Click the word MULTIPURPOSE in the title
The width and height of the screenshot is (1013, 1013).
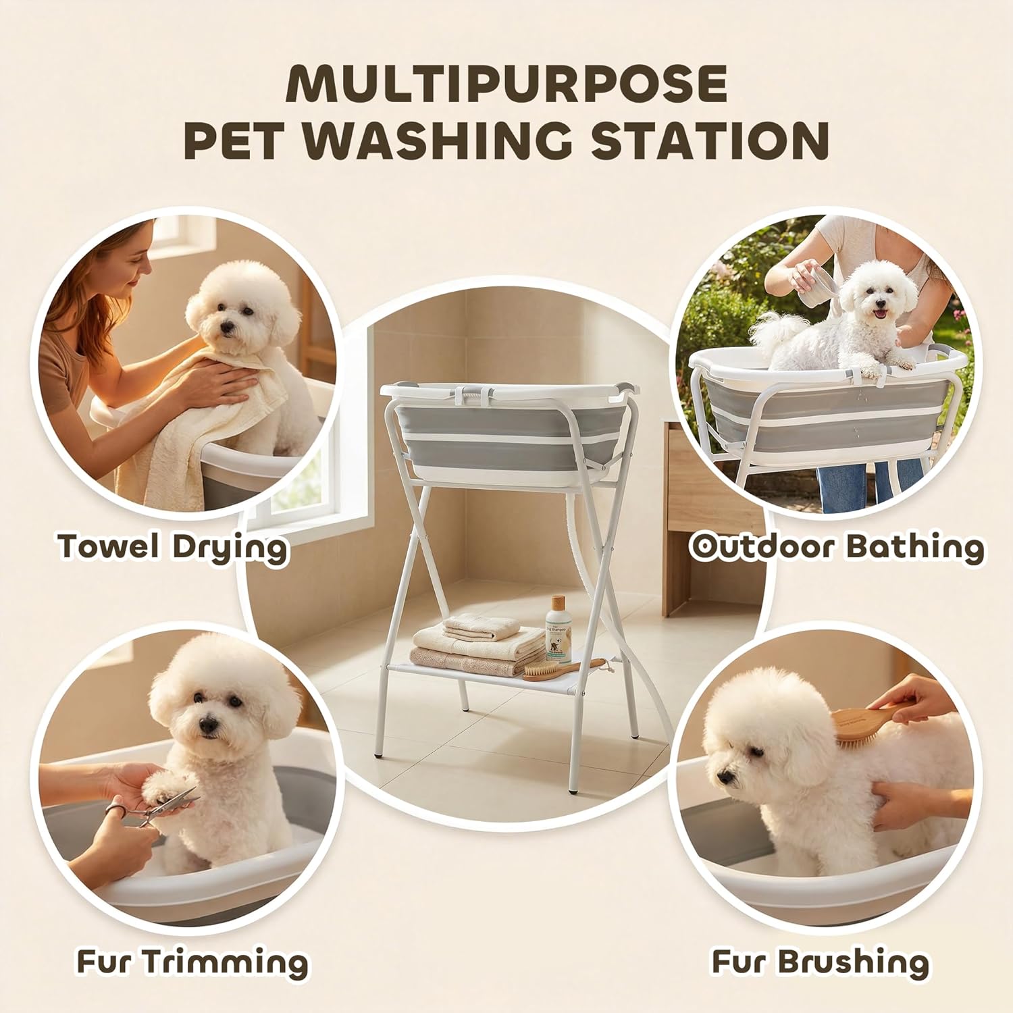point(506,84)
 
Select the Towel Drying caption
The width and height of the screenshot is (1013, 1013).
point(173,546)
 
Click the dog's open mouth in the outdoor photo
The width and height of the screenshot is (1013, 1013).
point(879,314)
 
